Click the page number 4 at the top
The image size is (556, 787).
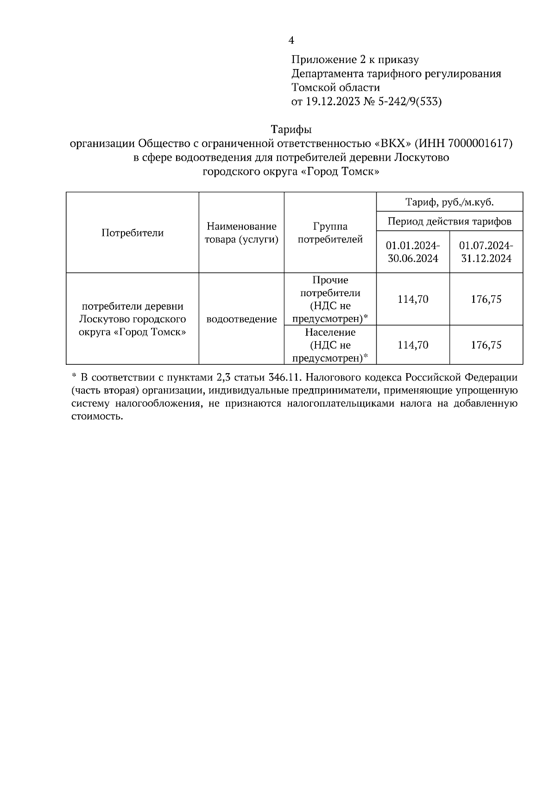291,41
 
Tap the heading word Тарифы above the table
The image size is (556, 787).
291,130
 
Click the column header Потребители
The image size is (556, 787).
133,233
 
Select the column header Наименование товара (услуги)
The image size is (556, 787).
241,233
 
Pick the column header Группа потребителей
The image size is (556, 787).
330,233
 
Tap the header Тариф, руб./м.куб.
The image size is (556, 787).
449,202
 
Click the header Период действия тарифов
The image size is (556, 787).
449,221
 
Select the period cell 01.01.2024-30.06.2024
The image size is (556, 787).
413,252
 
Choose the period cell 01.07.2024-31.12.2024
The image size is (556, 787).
486,252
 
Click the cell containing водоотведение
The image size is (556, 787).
241,319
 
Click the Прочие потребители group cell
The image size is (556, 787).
330,299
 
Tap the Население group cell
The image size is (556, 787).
330,345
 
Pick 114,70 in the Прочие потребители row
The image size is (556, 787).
413,299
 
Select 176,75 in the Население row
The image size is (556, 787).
486,345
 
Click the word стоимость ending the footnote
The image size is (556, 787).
97,416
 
